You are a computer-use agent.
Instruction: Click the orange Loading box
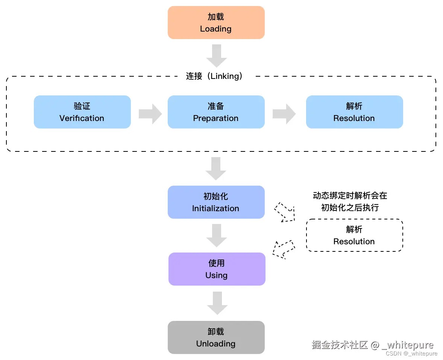(x=216, y=23)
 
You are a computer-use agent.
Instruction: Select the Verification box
(x=82, y=112)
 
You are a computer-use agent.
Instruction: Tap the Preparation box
(x=216, y=112)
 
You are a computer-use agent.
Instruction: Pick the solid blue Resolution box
(x=354, y=112)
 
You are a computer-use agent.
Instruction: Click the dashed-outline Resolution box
(x=354, y=235)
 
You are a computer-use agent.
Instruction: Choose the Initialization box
(x=216, y=202)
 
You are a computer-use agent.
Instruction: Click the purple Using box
(x=217, y=269)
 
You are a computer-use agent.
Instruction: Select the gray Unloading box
(x=216, y=337)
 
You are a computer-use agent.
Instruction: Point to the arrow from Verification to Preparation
(x=150, y=113)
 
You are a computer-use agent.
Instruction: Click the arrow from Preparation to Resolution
(x=284, y=113)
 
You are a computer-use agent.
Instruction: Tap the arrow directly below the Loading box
(x=217, y=56)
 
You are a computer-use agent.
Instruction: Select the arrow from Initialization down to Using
(x=217, y=235)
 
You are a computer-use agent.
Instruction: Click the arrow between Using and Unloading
(x=217, y=303)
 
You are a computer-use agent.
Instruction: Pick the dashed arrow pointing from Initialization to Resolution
(x=285, y=212)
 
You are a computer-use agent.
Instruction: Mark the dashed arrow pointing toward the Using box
(x=284, y=249)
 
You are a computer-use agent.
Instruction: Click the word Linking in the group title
(x=225, y=76)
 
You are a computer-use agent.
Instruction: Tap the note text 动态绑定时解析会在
(x=350, y=195)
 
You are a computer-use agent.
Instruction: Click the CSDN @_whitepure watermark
(x=411, y=354)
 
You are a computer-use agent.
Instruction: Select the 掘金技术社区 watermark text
(x=340, y=345)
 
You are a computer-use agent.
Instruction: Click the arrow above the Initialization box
(x=216, y=168)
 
